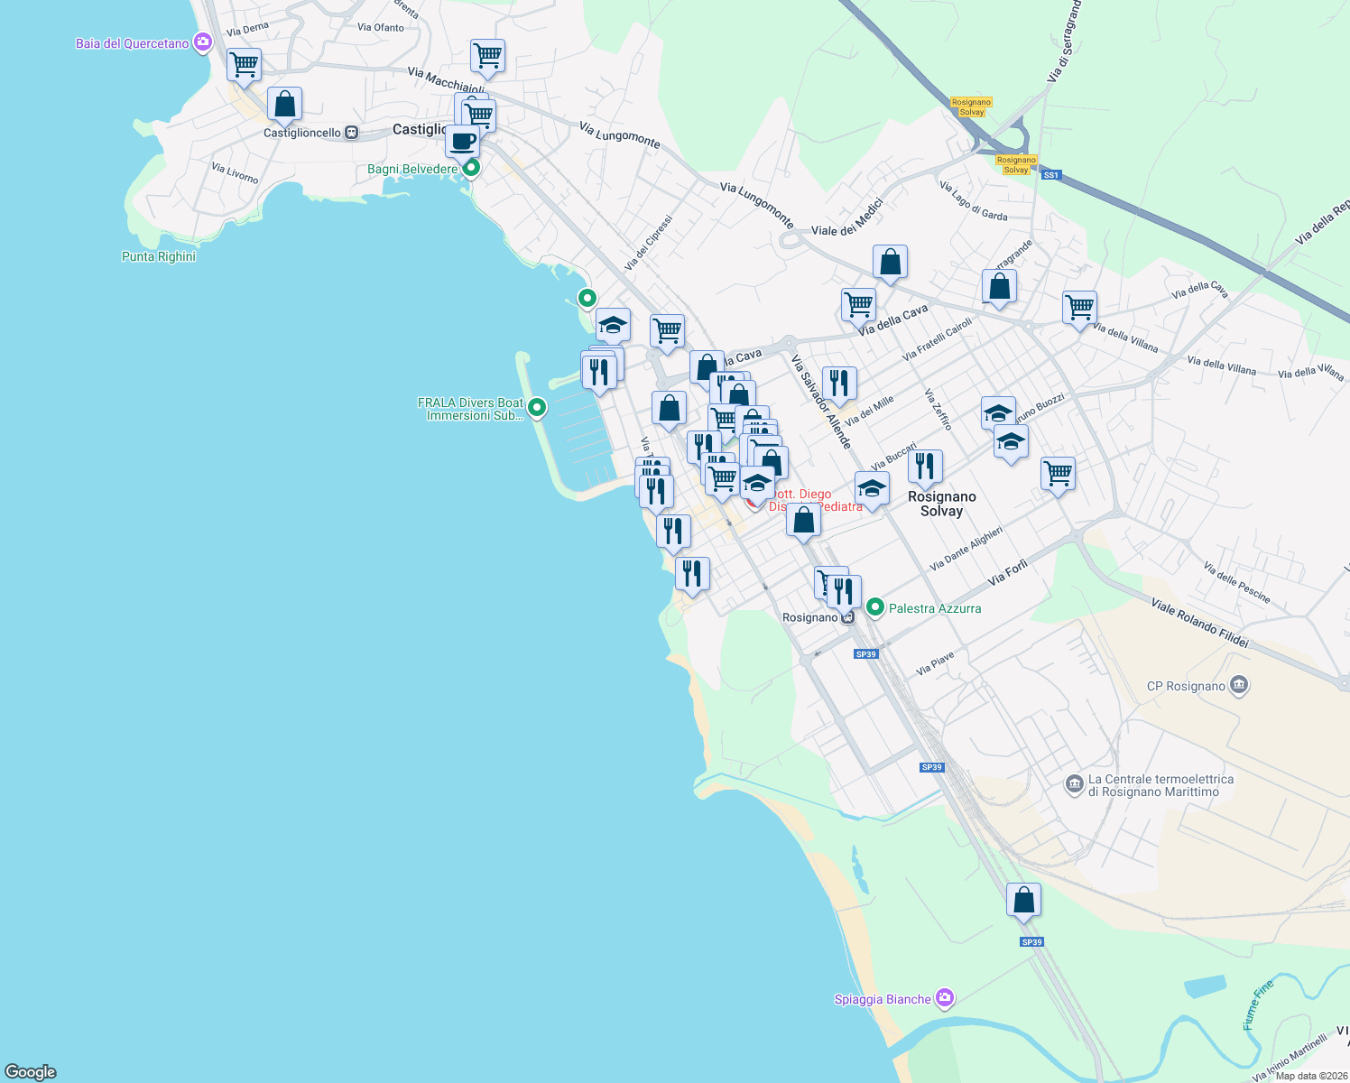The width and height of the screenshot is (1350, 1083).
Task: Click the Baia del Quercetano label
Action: pyautogui.click(x=133, y=43)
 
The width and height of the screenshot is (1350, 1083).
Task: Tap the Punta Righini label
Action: pyautogui.click(x=159, y=256)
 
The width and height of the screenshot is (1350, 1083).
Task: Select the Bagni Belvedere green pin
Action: pyautogui.click(x=470, y=168)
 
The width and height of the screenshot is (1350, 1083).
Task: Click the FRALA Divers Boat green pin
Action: pyautogui.click(x=537, y=408)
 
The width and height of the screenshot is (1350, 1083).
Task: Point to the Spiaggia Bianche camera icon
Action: pyautogui.click(x=945, y=998)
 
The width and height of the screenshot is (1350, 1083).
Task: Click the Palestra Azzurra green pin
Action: pyautogui.click(x=874, y=607)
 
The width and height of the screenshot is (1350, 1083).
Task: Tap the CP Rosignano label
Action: pyautogui.click(x=1186, y=686)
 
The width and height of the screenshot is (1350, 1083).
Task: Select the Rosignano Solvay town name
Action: pyautogui.click(x=942, y=504)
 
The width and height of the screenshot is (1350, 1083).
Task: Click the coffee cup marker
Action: pyautogui.click(x=463, y=142)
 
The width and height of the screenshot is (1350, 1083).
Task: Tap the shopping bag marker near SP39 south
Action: pyautogui.click(x=1023, y=901)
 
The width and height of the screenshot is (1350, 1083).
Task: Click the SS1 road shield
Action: pyautogui.click(x=1050, y=175)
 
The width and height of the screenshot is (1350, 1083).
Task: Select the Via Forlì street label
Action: pyautogui.click(x=1008, y=573)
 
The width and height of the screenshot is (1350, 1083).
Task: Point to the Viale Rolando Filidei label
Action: pyautogui.click(x=1199, y=622)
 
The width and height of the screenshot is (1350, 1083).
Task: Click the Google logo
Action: pyautogui.click(x=31, y=1071)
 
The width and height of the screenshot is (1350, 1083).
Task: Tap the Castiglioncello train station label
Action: pyautogui.click(x=302, y=133)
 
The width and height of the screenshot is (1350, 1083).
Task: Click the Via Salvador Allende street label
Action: pyautogui.click(x=821, y=402)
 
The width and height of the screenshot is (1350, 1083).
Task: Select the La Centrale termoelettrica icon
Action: pyautogui.click(x=1074, y=783)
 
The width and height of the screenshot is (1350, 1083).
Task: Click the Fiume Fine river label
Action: pyautogui.click(x=1257, y=1004)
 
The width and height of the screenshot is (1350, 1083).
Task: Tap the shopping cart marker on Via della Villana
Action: pyautogui.click(x=1079, y=309)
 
